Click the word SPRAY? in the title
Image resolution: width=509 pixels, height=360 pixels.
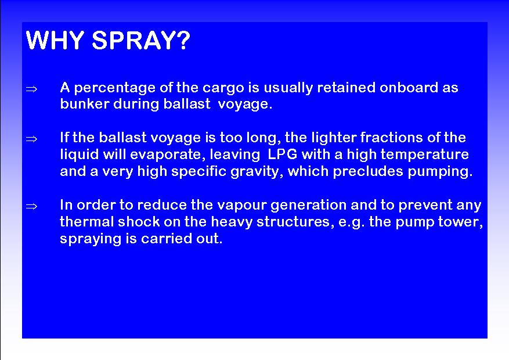[x=141, y=40]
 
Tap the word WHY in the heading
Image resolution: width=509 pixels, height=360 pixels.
[x=55, y=40]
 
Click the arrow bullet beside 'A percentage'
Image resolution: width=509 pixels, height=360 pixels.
[x=31, y=89]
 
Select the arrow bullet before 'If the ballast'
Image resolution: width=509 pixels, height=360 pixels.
[x=31, y=139]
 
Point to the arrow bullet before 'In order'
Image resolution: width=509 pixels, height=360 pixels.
[x=31, y=206]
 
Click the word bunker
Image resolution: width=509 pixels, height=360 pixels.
[x=85, y=104]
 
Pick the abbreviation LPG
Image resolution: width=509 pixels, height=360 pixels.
[x=283, y=154]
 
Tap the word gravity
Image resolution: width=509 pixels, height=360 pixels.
[x=255, y=172]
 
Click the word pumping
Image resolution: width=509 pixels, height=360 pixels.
[x=440, y=172]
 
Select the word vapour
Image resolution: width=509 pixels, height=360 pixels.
[x=241, y=206]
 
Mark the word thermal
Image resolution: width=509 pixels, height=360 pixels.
[x=87, y=222]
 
